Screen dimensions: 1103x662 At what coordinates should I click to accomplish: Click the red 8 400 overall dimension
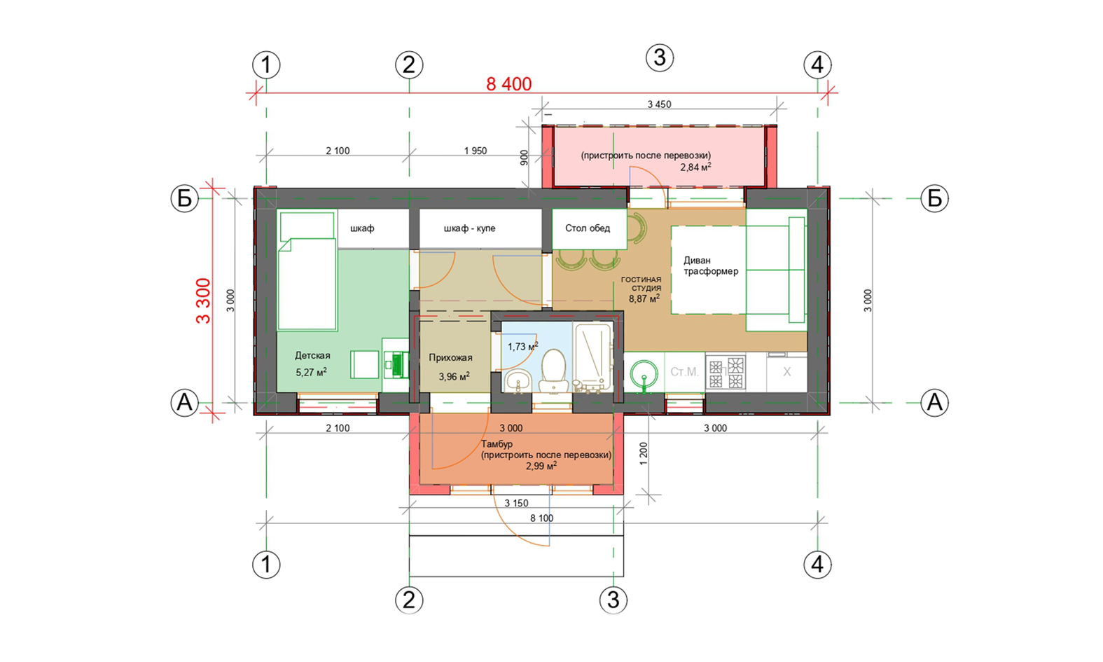tap(508, 84)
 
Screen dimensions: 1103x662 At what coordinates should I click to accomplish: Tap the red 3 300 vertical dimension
tap(203, 301)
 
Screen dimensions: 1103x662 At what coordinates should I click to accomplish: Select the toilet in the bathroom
tap(553, 370)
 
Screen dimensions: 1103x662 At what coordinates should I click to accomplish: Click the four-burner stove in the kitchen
tap(726, 373)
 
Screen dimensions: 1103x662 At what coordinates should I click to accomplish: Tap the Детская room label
tap(312, 355)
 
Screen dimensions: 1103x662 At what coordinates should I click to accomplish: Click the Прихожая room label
tap(450, 357)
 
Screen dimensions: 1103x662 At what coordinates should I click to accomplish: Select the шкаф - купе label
tap(469, 228)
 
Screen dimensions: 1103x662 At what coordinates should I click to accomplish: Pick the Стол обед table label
tap(588, 228)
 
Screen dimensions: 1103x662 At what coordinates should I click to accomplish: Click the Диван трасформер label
tap(711, 266)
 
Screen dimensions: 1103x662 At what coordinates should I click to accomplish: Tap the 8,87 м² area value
tap(644, 298)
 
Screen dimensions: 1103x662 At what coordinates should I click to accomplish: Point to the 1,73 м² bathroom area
tap(522, 346)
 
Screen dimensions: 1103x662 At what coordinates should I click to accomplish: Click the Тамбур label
tap(497, 444)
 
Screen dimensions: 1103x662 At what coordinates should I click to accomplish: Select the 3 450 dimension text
tap(659, 104)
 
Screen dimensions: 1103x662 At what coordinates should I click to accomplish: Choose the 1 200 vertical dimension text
tap(644, 454)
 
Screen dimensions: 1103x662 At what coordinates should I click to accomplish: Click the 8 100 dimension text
tap(541, 518)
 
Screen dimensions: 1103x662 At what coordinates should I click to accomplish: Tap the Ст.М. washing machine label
tap(684, 371)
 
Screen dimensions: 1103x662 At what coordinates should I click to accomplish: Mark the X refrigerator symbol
tap(786, 372)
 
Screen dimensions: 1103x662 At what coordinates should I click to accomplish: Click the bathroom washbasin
tap(517, 381)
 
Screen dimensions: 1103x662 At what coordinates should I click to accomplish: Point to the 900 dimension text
tap(524, 157)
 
